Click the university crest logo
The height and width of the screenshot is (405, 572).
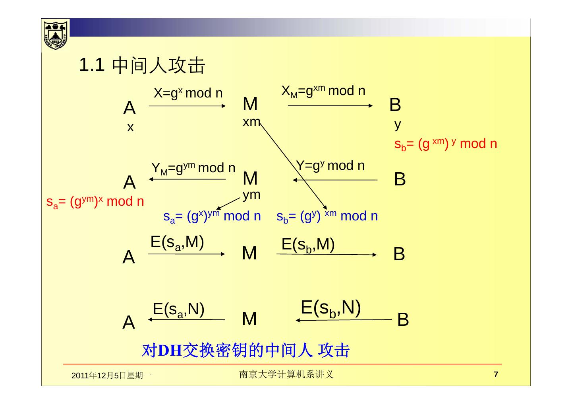(56, 35)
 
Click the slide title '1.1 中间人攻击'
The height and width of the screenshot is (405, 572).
(142, 66)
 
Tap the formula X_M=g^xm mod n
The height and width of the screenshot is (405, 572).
(323, 92)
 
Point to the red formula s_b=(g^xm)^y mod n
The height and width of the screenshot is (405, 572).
(445, 144)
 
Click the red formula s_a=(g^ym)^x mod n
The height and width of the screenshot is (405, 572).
(95, 202)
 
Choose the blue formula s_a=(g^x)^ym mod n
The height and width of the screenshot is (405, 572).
(212, 216)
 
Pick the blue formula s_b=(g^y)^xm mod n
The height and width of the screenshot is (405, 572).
(327, 216)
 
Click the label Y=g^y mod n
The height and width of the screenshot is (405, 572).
(330, 166)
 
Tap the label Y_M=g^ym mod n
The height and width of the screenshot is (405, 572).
(193, 168)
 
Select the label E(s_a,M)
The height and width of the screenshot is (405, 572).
(177, 242)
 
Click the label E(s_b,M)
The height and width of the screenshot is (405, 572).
(308, 245)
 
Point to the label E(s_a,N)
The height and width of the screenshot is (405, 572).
(178, 310)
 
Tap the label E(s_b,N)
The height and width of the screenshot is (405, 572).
(330, 308)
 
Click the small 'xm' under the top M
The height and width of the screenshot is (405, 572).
(251, 122)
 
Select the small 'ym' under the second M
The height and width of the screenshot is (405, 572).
(251, 195)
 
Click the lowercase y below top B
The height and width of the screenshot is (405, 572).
(398, 125)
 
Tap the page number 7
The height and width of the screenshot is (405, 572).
(495, 374)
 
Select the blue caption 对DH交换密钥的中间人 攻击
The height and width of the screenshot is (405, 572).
(246, 350)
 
